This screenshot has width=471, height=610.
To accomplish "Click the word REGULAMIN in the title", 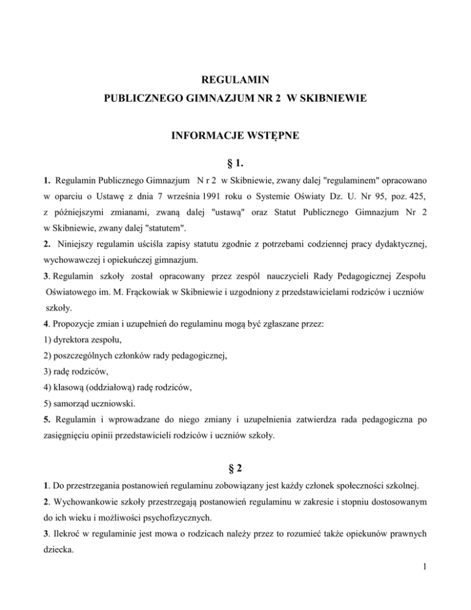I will [235, 79].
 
